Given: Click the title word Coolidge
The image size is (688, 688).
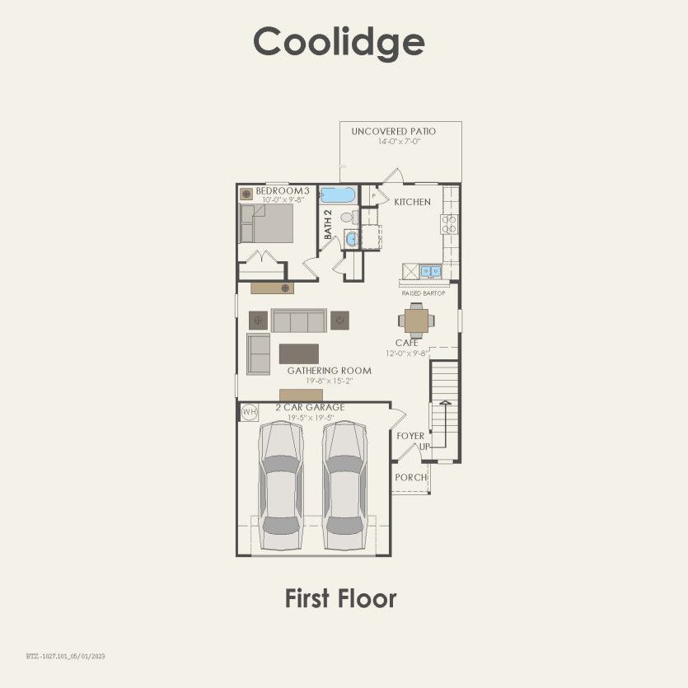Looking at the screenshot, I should (x=339, y=41).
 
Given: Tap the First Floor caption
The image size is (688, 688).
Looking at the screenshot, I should (x=340, y=598).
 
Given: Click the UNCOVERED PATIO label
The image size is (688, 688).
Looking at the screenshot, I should (x=394, y=132).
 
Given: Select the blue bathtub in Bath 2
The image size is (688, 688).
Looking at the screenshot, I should (x=338, y=195).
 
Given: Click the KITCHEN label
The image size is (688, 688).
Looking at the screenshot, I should (x=412, y=202).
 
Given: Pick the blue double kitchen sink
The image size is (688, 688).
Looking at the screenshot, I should (x=430, y=271).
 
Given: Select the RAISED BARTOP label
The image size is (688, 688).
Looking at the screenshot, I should (x=424, y=293).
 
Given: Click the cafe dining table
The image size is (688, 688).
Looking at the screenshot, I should (x=414, y=318).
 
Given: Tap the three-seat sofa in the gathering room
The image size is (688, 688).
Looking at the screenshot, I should (x=299, y=320).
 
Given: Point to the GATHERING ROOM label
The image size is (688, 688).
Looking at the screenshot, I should (x=329, y=371).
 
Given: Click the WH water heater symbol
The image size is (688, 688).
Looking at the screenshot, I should (x=249, y=411).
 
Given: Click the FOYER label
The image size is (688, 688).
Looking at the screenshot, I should (x=410, y=436).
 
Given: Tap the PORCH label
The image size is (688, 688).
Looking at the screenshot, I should (x=410, y=477).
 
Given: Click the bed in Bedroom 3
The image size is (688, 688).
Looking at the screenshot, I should (x=267, y=222).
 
